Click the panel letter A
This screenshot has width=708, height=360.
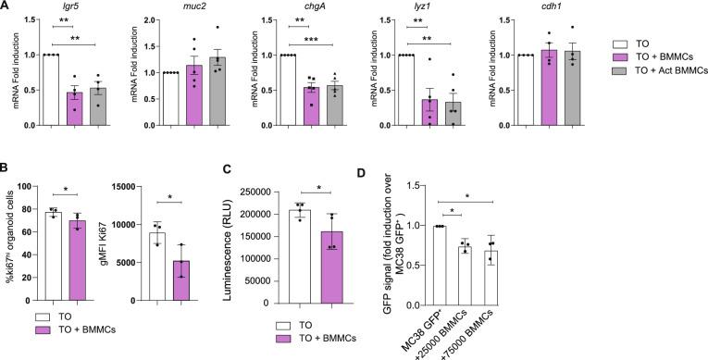(x=6, y=6)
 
